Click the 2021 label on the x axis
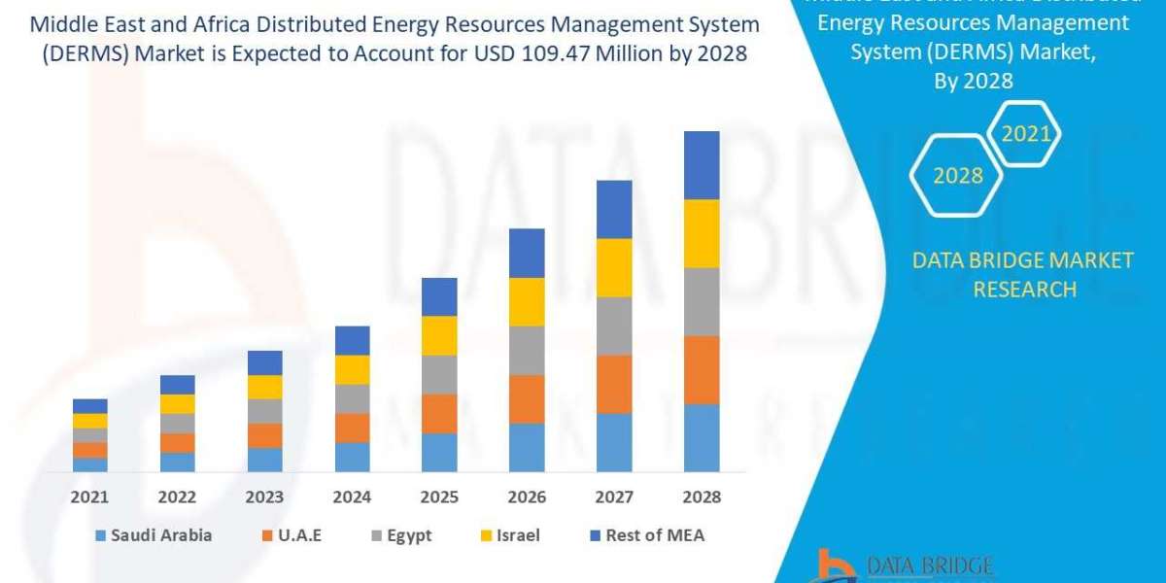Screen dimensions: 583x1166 (89, 497)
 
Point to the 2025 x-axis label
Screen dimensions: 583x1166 (439, 497)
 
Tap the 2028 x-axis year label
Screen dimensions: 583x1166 (702, 497)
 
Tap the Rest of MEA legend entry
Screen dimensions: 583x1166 (645, 535)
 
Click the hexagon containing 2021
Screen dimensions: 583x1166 (1025, 133)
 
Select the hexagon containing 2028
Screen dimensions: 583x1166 (957, 176)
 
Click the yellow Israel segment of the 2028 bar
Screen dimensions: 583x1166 (702, 233)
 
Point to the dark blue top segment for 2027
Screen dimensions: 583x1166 (614, 209)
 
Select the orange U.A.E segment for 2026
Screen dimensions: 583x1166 (527, 399)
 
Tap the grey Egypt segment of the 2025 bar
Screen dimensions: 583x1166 (439, 374)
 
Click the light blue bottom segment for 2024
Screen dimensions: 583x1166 (352, 457)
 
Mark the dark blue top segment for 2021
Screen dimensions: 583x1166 (89, 406)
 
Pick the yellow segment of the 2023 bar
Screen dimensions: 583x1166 (264, 387)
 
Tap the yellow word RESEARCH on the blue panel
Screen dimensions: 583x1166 (1024, 289)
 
